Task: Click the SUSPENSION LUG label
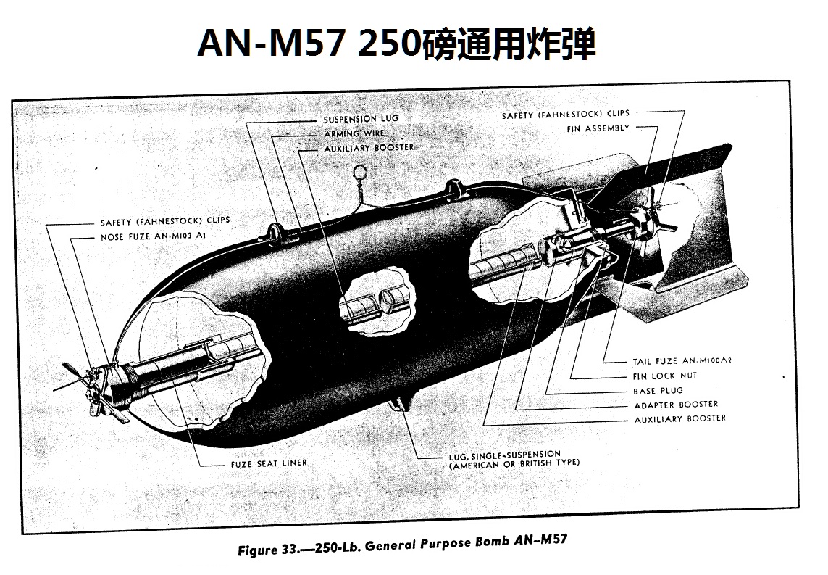(x=361, y=119)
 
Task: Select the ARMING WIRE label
(x=354, y=133)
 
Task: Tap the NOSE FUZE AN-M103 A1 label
(x=153, y=236)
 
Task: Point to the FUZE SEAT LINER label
(x=269, y=463)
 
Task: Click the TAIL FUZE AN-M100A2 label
(x=682, y=361)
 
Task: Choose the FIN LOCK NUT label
(x=665, y=376)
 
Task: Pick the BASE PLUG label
(x=658, y=391)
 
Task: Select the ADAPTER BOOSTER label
(x=676, y=405)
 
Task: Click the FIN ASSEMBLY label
(x=598, y=128)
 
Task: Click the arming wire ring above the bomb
(x=360, y=173)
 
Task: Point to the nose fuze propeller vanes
(x=90, y=391)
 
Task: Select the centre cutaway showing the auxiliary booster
(x=376, y=301)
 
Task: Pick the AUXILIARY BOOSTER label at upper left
(x=369, y=148)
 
